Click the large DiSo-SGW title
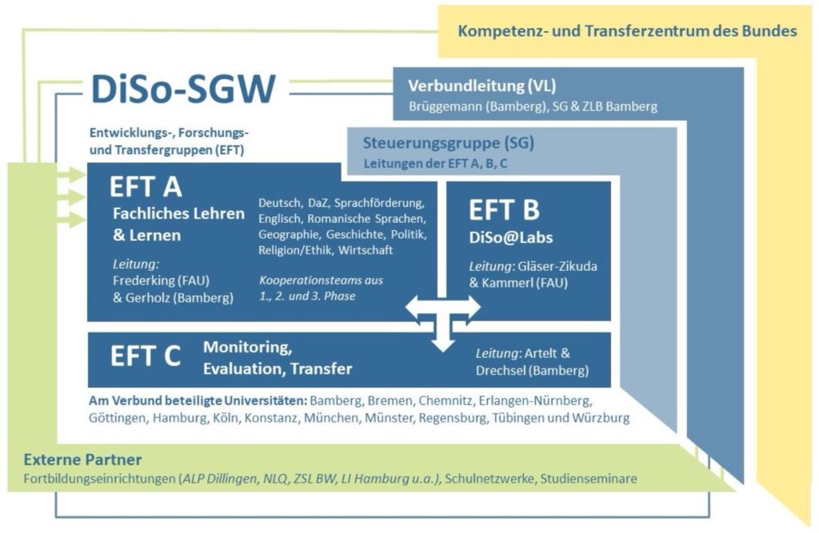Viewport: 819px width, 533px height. coord(183,89)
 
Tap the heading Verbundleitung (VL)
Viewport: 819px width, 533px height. coord(481,86)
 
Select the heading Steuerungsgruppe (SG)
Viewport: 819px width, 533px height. coord(448,142)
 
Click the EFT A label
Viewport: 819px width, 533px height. coord(146,187)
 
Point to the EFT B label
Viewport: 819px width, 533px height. coord(504,210)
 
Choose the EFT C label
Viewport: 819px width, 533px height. coord(146,356)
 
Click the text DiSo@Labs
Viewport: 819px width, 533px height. coord(511,237)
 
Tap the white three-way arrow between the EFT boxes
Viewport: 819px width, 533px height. coord(443,320)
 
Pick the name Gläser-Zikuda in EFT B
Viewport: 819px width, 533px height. coord(557,266)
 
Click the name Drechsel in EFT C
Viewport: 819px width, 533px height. coord(501,371)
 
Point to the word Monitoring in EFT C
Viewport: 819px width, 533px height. coord(248,348)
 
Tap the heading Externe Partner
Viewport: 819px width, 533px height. coord(82,460)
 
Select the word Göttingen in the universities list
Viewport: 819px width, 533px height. coord(118,418)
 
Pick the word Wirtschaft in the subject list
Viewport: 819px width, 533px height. coord(365,250)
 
